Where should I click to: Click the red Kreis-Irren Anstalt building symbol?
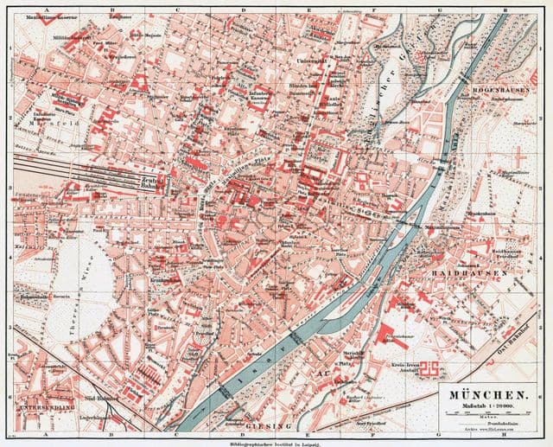430,370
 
